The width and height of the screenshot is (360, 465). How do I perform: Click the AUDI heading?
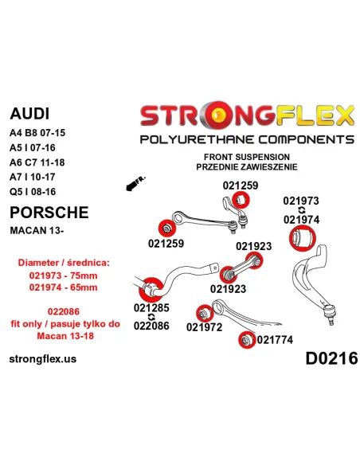pyautogui.click(x=29, y=113)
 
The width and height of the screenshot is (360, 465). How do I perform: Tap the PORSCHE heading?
pyautogui.click(x=49, y=213)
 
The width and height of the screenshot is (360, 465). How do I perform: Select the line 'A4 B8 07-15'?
pyautogui.click(x=37, y=132)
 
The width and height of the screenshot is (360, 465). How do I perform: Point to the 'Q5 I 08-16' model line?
pyautogui.click(x=33, y=192)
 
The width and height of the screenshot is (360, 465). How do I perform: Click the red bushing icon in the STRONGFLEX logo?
pyautogui.click(x=218, y=116)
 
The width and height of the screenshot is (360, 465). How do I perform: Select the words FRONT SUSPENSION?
pyautogui.click(x=247, y=157)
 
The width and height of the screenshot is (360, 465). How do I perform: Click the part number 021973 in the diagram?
pyautogui.click(x=301, y=201)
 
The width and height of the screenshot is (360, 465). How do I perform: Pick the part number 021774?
pyautogui.click(x=275, y=340)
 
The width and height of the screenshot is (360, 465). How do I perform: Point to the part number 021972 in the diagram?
pyautogui.click(x=205, y=326)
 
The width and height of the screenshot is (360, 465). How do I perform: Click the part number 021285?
pyautogui.click(x=151, y=307)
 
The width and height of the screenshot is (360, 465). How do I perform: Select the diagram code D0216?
pyautogui.click(x=331, y=358)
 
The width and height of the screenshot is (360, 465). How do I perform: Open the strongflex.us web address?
pyautogui.click(x=43, y=359)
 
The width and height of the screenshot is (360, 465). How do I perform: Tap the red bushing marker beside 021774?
pyautogui.click(x=247, y=340)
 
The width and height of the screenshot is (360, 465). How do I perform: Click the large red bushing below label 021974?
pyautogui.click(x=302, y=237)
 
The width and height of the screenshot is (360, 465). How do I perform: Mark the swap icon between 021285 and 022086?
pyautogui.click(x=151, y=317)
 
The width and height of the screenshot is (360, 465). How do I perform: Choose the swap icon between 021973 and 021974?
pyautogui.click(x=301, y=210)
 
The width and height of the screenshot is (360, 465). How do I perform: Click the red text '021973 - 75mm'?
pyautogui.click(x=63, y=275)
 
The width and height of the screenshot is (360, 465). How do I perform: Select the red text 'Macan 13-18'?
pyautogui.click(x=65, y=336)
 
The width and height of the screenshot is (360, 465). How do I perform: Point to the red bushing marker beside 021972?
pyautogui.click(x=205, y=314)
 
